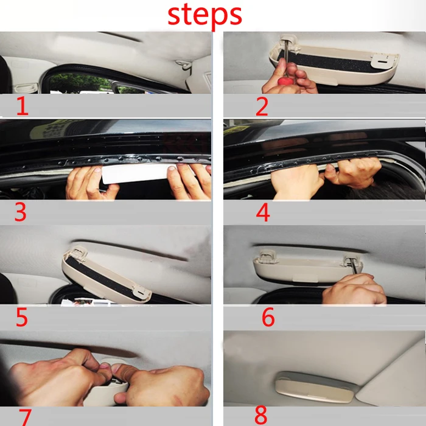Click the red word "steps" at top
click(x=204, y=15)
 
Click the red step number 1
click(x=23, y=106)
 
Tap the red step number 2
click(x=262, y=106)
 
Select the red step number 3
click(x=20, y=212)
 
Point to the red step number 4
click(x=263, y=212)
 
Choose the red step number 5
click(x=22, y=317)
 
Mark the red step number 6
click(x=268, y=317)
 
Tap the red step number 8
click(x=261, y=415)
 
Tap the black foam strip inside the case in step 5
click(x=103, y=279)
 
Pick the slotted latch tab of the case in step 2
click(x=380, y=61)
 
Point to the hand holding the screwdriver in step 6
click(x=355, y=290)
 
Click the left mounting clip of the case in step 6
click(x=268, y=256)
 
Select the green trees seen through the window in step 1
click(x=79, y=83)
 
